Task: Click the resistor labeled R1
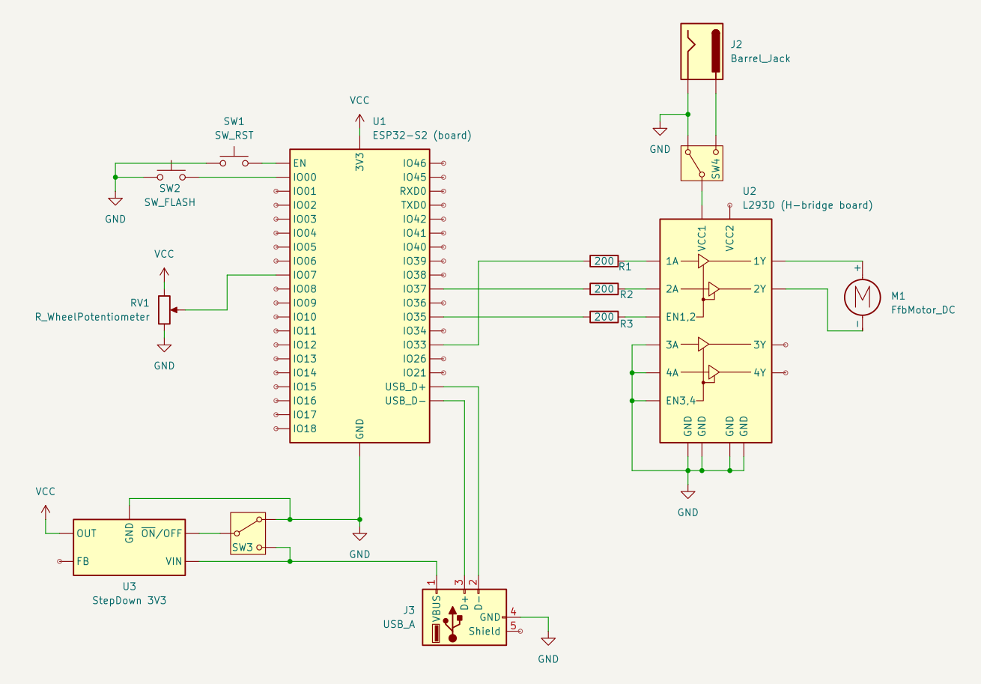(604, 261)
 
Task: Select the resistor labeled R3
(604, 317)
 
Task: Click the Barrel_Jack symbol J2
(703, 51)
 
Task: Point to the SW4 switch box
(702, 163)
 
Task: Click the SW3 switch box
(248, 533)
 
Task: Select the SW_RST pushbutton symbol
(234, 160)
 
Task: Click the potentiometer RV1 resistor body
(164, 309)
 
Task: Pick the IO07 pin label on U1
(305, 275)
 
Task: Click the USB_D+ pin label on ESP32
(404, 387)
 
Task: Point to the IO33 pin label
(414, 345)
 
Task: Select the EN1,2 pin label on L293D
(680, 317)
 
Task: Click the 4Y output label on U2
(759, 372)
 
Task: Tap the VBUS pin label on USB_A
(437, 608)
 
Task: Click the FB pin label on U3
(82, 560)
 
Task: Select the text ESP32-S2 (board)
(422, 136)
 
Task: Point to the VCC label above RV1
(164, 254)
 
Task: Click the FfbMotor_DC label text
(923, 309)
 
